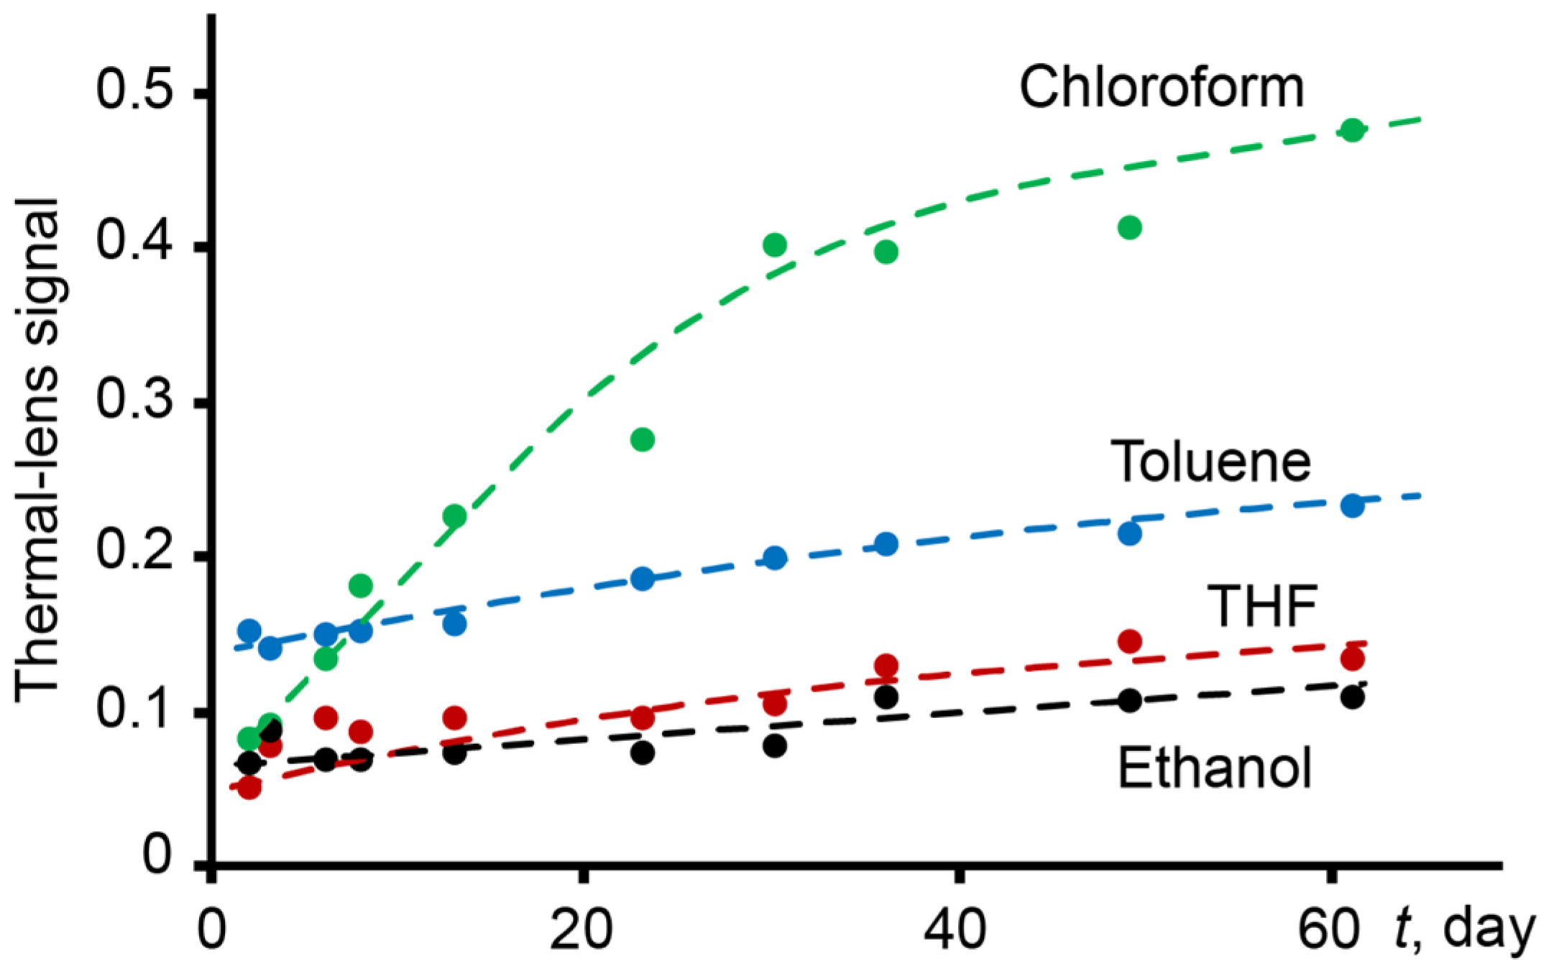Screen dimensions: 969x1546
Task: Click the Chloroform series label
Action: pyautogui.click(x=1161, y=88)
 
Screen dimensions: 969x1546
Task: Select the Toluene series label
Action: pyautogui.click(x=1210, y=461)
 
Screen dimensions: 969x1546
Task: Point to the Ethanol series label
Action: pyautogui.click(x=1215, y=768)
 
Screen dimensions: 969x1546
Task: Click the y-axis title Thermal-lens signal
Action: pyautogui.click(x=37, y=449)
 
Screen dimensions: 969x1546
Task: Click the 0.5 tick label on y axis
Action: pyautogui.click(x=134, y=91)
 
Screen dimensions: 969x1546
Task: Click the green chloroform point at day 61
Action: pyautogui.click(x=1352, y=130)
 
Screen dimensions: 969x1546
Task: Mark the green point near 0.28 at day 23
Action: pyautogui.click(x=643, y=439)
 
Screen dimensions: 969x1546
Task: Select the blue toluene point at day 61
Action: pyautogui.click(x=1352, y=505)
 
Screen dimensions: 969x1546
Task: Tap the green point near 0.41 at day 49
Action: pyautogui.click(x=1130, y=228)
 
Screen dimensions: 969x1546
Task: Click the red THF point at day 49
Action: pyautogui.click(x=1130, y=640)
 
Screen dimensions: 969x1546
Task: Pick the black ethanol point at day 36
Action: pyautogui.click(x=886, y=697)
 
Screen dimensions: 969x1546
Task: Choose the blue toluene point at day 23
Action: pyautogui.click(x=643, y=579)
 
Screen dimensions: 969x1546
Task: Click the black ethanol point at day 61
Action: pyautogui.click(x=1352, y=697)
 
